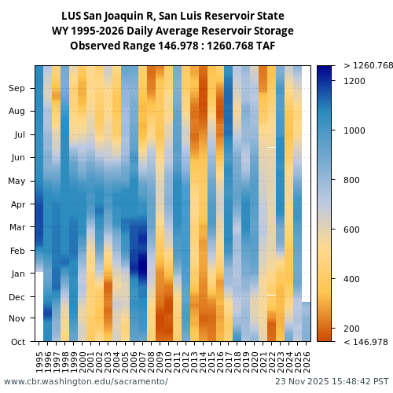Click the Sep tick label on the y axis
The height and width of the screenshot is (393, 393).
coord(17,89)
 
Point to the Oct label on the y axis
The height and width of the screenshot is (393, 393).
coord(17,342)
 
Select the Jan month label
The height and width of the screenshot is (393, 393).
coord(18,274)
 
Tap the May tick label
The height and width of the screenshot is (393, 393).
coord(17,182)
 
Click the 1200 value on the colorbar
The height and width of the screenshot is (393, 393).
coord(354,81)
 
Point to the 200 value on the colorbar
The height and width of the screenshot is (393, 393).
coord(352,329)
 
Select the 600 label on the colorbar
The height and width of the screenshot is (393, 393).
coord(352,230)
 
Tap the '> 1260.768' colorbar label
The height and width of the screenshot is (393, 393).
coord(368,65)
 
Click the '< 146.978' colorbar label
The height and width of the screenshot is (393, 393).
coord(365,342)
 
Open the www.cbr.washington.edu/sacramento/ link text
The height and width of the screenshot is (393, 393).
coord(86,381)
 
